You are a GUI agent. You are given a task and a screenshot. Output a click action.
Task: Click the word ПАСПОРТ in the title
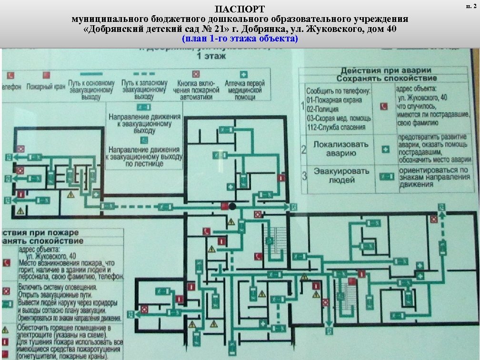pyautogui.click(x=240, y=9)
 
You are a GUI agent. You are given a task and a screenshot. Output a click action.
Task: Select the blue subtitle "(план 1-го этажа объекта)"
pyautogui.click(x=240, y=39)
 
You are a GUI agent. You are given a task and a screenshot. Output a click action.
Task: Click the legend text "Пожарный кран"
pyautogui.click(x=46, y=87)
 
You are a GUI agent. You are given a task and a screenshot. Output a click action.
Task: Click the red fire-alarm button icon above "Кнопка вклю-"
pyautogui.click(x=195, y=74)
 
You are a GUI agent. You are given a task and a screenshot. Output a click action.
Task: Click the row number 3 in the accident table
pyautogui.click(x=304, y=176)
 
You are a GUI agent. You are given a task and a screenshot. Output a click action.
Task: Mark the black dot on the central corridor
pyautogui.click(x=232, y=206)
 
